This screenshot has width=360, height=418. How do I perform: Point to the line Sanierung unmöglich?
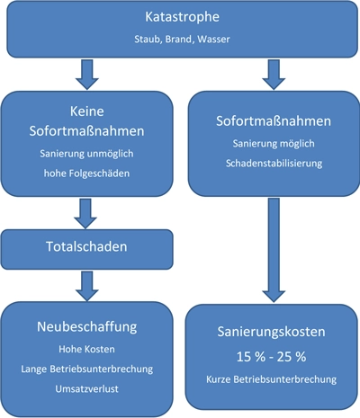pyautogui.click(x=86, y=153)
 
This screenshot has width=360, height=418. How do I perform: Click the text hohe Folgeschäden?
pyautogui.click(x=86, y=172)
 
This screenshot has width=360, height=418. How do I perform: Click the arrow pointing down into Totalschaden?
pyautogui.click(x=87, y=212)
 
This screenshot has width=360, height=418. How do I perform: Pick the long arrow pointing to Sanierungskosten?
pyautogui.click(x=271, y=252)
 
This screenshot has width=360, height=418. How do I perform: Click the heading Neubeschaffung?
pyautogui.click(x=86, y=329)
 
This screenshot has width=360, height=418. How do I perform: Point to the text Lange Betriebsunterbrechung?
pyautogui.click(x=86, y=369)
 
